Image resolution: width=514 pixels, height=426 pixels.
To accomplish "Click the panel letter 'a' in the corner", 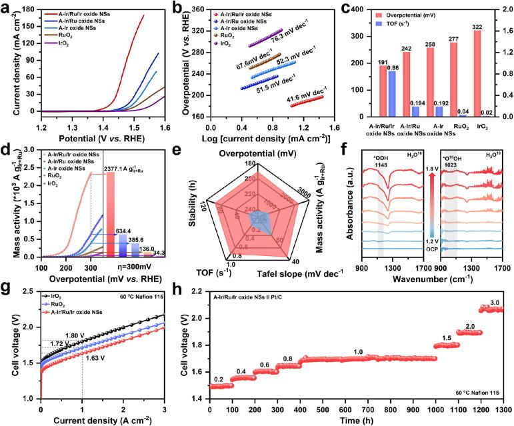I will (5, 6).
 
